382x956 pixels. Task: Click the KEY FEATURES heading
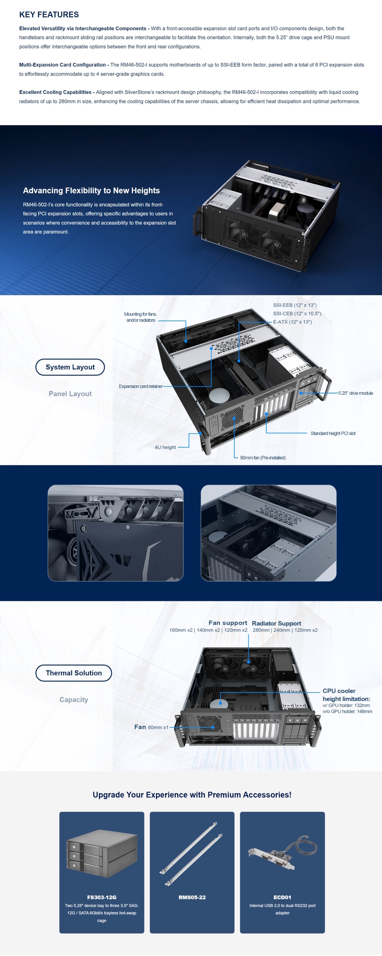pyautogui.click(x=49, y=15)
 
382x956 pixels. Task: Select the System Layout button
pyautogui.click(x=70, y=367)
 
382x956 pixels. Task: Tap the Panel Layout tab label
pyautogui.click(x=70, y=394)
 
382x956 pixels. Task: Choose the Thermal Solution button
pyautogui.click(x=74, y=673)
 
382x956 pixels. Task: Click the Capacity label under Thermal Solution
pyautogui.click(x=74, y=700)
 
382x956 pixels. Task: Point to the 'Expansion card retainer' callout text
pyautogui.click(x=140, y=386)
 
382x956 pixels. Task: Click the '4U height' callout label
pyautogui.click(x=165, y=447)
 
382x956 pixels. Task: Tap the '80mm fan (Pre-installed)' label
pyautogui.click(x=263, y=458)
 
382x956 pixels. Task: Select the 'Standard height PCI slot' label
pyautogui.click(x=333, y=433)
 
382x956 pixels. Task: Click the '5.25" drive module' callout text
pyautogui.click(x=355, y=393)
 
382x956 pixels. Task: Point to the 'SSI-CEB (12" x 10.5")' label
pyautogui.click(x=297, y=313)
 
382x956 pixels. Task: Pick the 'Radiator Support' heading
pyautogui.click(x=276, y=623)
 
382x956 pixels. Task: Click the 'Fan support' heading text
pyautogui.click(x=228, y=623)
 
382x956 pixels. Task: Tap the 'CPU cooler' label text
pyautogui.click(x=339, y=691)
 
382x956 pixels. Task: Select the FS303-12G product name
pyautogui.click(x=102, y=897)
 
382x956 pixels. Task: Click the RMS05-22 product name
pyautogui.click(x=192, y=897)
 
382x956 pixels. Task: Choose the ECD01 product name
pyautogui.click(x=282, y=897)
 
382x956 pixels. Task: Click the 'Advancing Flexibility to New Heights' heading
pyautogui.click(x=91, y=190)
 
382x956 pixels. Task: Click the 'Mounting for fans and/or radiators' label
pyautogui.click(x=140, y=317)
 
